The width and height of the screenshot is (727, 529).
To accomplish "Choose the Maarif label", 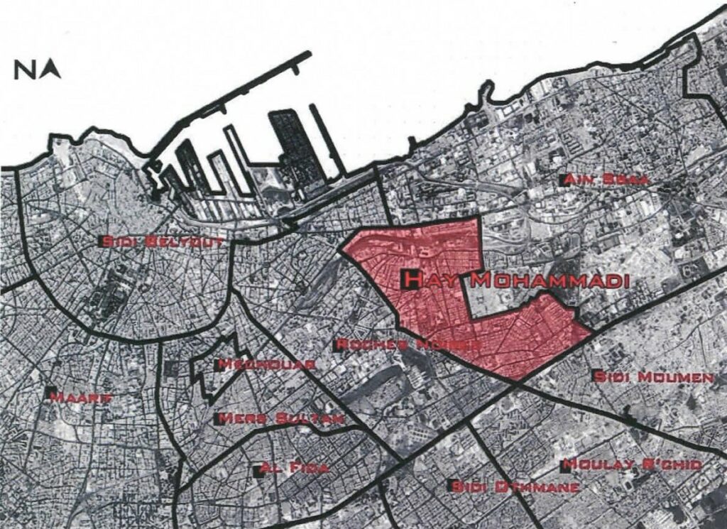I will coord(82,398).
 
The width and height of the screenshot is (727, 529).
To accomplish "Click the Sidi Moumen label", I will coord(653,377).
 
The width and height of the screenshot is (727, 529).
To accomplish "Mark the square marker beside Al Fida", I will coord(258,471).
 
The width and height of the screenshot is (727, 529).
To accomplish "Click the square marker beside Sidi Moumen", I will coord(594,376).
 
